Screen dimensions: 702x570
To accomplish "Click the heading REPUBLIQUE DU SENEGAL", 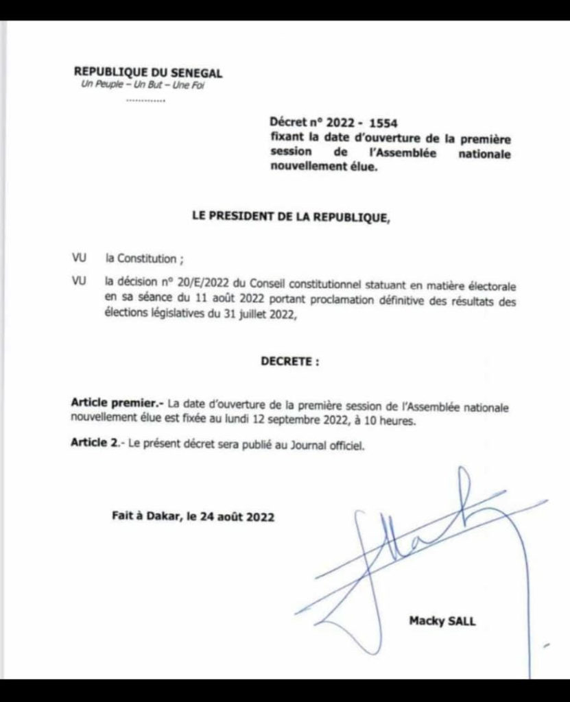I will (148, 72).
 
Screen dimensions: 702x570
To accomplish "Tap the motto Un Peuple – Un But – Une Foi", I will (143, 86).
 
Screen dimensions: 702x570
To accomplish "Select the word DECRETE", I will (289, 363).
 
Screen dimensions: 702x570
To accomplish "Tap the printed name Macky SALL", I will (442, 621).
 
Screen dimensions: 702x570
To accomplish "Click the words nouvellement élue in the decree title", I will (323, 167).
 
